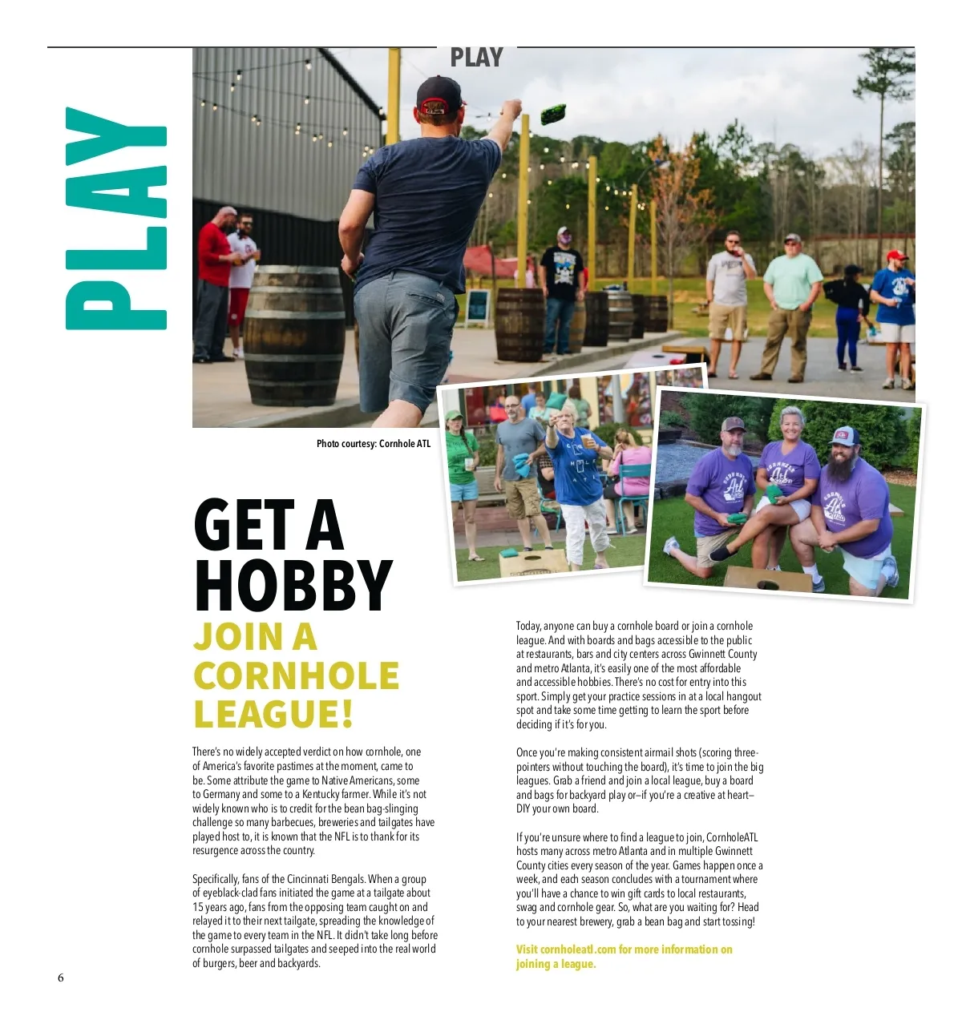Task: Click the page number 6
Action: (x=60, y=978)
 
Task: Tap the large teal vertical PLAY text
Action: (x=116, y=218)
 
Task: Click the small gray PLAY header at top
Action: (x=476, y=58)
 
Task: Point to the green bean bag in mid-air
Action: (x=553, y=114)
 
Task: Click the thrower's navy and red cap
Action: (x=439, y=95)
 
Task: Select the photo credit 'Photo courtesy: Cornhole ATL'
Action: (x=373, y=443)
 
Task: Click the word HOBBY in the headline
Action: (x=293, y=585)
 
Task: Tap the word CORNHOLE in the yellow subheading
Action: (x=296, y=676)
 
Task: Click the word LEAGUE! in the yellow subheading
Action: (x=273, y=715)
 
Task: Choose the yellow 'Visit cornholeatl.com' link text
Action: (x=624, y=949)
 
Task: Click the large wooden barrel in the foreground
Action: (x=294, y=335)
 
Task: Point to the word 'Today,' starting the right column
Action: (x=527, y=626)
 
